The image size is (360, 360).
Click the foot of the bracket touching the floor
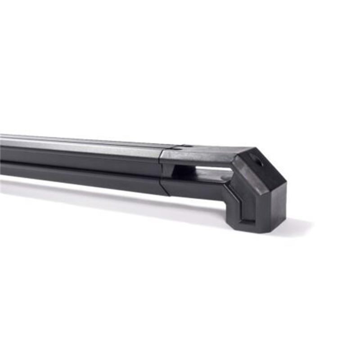[x=252, y=225]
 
